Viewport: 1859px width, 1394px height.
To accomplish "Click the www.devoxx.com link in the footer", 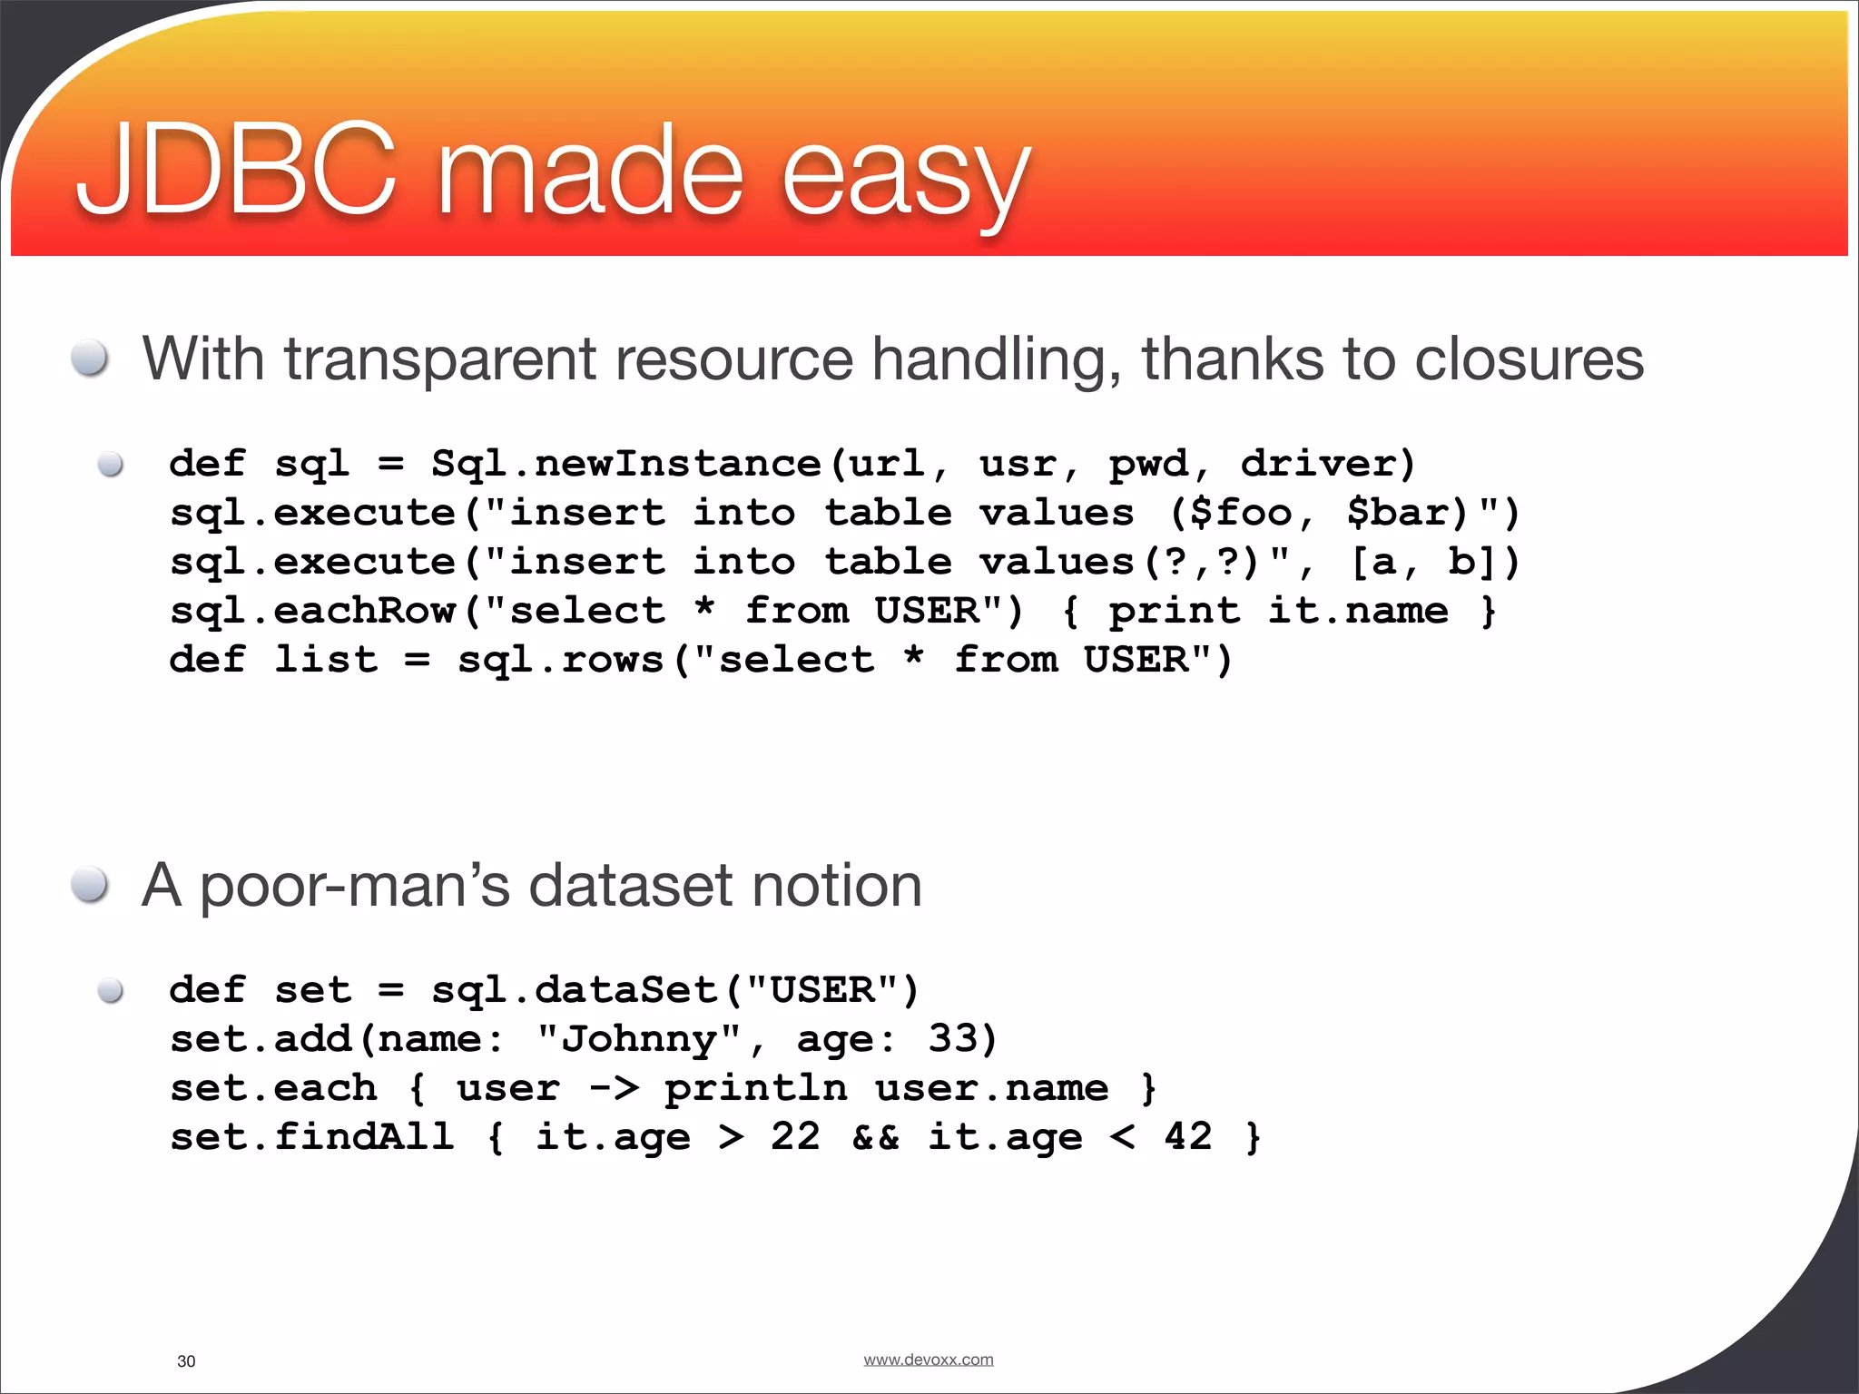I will click(928, 1360).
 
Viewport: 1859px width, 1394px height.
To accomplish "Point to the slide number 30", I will click(186, 1361).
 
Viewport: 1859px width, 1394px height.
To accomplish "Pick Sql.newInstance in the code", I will click(626, 464).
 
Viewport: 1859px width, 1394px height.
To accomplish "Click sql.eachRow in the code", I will click(313, 611).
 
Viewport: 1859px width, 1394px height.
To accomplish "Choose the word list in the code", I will click(326, 660).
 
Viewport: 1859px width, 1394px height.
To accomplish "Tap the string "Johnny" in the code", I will click(639, 1038).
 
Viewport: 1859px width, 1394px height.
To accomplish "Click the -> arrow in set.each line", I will click(614, 1087).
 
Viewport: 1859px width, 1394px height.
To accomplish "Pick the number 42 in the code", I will click(1187, 1136).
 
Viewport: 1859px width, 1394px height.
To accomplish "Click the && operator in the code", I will click(875, 1136).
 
